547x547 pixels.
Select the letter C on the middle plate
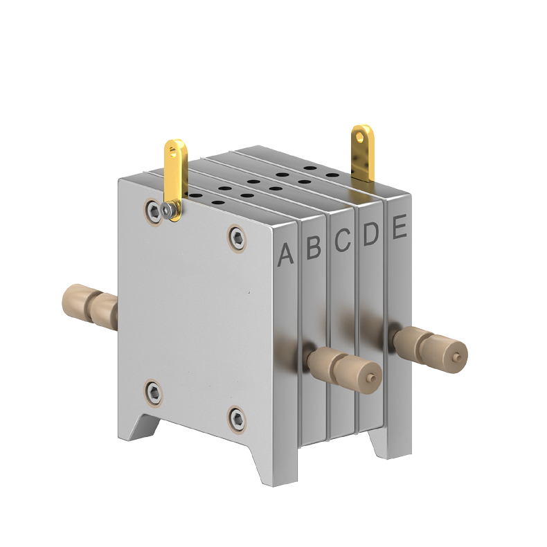pos(342,240)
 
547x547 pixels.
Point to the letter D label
pos(370,234)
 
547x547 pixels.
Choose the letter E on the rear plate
pos(399,228)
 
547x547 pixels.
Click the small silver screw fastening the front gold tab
pos(168,210)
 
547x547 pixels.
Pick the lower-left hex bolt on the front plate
pos(154,393)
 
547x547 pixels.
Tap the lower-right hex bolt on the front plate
pos(238,417)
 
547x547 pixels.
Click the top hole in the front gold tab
pos(174,148)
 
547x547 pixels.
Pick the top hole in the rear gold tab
pos(360,134)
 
